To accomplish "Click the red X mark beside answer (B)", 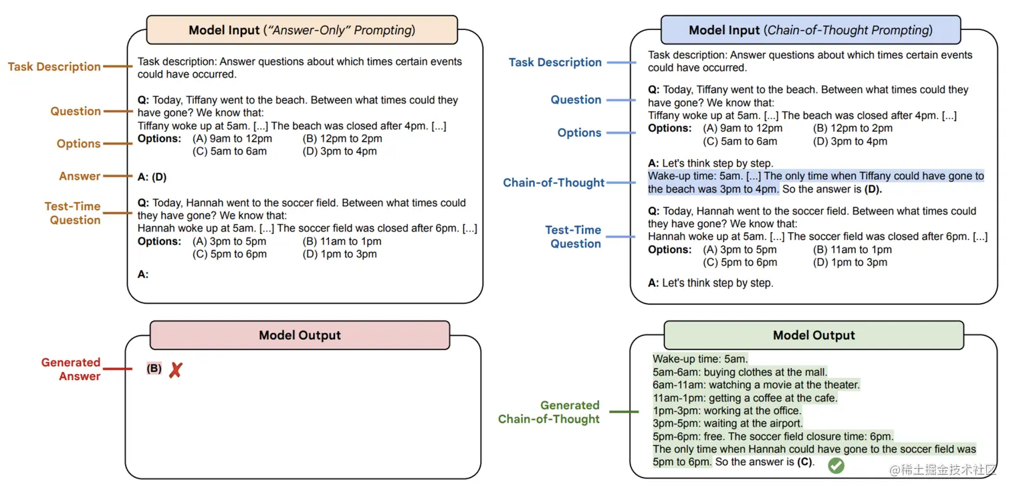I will pyautogui.click(x=175, y=370).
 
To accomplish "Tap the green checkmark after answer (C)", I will pyautogui.click(x=836, y=466).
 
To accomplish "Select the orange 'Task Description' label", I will pyautogui.click(x=54, y=67).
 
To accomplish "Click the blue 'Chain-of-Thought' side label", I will pyautogui.click(x=554, y=183).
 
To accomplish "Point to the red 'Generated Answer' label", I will pyautogui.click(x=71, y=369).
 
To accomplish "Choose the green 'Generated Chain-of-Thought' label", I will pyautogui.click(x=549, y=412).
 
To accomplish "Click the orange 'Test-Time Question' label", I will pyautogui.click(x=73, y=213).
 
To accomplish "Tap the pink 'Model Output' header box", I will pyautogui.click(x=300, y=335).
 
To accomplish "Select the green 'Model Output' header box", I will pyautogui.click(x=814, y=335).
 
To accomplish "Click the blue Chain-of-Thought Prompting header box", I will pyautogui.click(x=810, y=30).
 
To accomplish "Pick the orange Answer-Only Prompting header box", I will pyautogui.click(x=302, y=30).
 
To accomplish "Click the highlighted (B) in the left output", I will pyautogui.click(x=154, y=369).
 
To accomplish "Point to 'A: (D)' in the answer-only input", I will pyautogui.click(x=152, y=177).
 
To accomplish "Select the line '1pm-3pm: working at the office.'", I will pyautogui.click(x=727, y=411).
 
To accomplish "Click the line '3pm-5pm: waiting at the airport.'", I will pyautogui.click(x=727, y=423).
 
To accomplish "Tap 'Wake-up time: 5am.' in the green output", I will pyautogui.click(x=700, y=359).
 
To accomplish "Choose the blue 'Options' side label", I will pyautogui.click(x=579, y=132).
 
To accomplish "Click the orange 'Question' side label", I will pyautogui.click(x=76, y=111).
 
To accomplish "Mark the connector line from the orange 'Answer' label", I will pyautogui.click(x=119, y=177).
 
